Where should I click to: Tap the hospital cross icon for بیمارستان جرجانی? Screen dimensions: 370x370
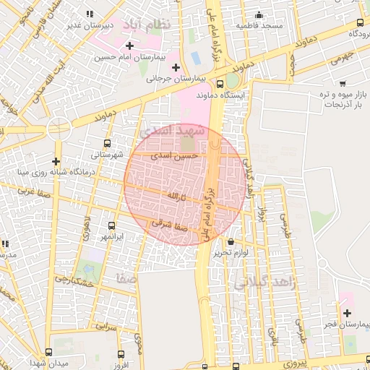pyautogui.click(x=176, y=67)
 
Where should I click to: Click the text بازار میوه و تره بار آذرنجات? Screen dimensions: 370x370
pyautogui.click(x=342, y=100)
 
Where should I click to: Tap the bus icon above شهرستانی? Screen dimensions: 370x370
pyautogui.click(x=108, y=143)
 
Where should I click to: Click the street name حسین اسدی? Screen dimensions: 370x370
pyautogui.click(x=171, y=155)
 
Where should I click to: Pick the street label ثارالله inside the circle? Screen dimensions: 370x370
pyautogui.click(x=177, y=196)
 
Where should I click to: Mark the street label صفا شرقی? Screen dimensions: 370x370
pyautogui.click(x=171, y=224)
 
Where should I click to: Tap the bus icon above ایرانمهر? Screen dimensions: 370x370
pyautogui.click(x=111, y=225)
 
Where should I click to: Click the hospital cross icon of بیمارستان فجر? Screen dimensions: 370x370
pyautogui.click(x=348, y=313)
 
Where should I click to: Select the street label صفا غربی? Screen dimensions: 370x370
pyautogui.click(x=32, y=192)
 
